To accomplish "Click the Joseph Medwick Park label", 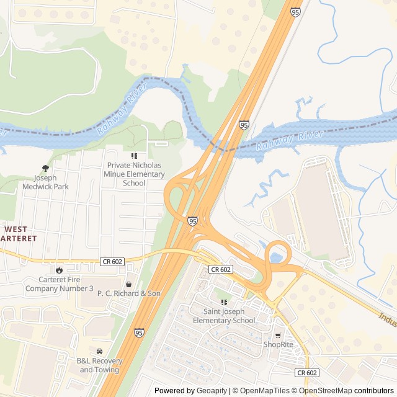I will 45,182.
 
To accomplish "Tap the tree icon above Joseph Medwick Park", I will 45,168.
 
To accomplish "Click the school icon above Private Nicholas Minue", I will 134,156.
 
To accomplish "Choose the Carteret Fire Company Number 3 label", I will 58,284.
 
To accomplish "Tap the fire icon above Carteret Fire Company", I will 58,270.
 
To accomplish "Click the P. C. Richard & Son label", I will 128,293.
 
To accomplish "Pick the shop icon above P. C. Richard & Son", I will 128,284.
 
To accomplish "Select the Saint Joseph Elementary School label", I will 223,316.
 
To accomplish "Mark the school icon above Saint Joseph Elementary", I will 224,302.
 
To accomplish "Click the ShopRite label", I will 278,344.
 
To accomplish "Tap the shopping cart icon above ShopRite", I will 277,336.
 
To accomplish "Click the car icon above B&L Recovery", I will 99,352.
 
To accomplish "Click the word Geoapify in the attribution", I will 211,391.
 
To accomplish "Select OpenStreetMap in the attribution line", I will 327,391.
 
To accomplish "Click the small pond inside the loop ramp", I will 276,257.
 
